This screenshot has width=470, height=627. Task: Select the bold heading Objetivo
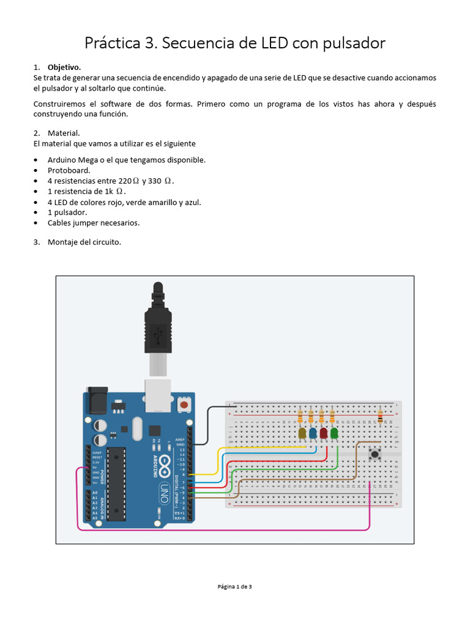point(64,67)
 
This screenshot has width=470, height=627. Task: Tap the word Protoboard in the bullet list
point(69,170)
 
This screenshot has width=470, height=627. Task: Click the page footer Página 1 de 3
point(234,587)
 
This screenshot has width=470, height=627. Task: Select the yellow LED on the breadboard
point(302,434)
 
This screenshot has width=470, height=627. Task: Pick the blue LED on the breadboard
point(313,434)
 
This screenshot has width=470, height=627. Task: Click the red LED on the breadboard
point(323,434)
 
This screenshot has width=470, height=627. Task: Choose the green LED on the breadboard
point(334,434)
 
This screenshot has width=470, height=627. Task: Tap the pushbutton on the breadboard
point(375,454)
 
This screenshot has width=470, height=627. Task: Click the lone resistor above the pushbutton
point(381,418)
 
